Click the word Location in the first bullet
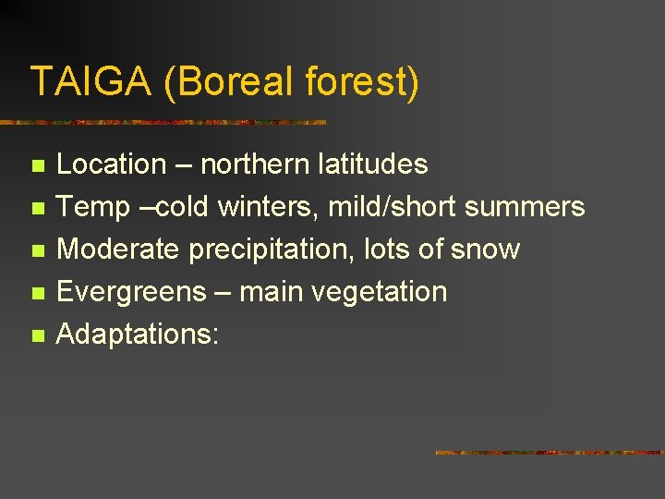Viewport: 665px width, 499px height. [111, 164]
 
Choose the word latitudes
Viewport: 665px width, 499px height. [372, 164]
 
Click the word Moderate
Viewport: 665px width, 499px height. [119, 249]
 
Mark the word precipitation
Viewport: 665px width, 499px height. [272, 249]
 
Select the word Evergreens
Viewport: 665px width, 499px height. [128, 292]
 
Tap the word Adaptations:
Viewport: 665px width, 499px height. [138, 335]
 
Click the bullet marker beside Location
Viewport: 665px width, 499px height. [37, 166]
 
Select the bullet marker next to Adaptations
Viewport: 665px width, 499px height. [37, 336]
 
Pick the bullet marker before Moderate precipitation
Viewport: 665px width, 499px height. [37, 251]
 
